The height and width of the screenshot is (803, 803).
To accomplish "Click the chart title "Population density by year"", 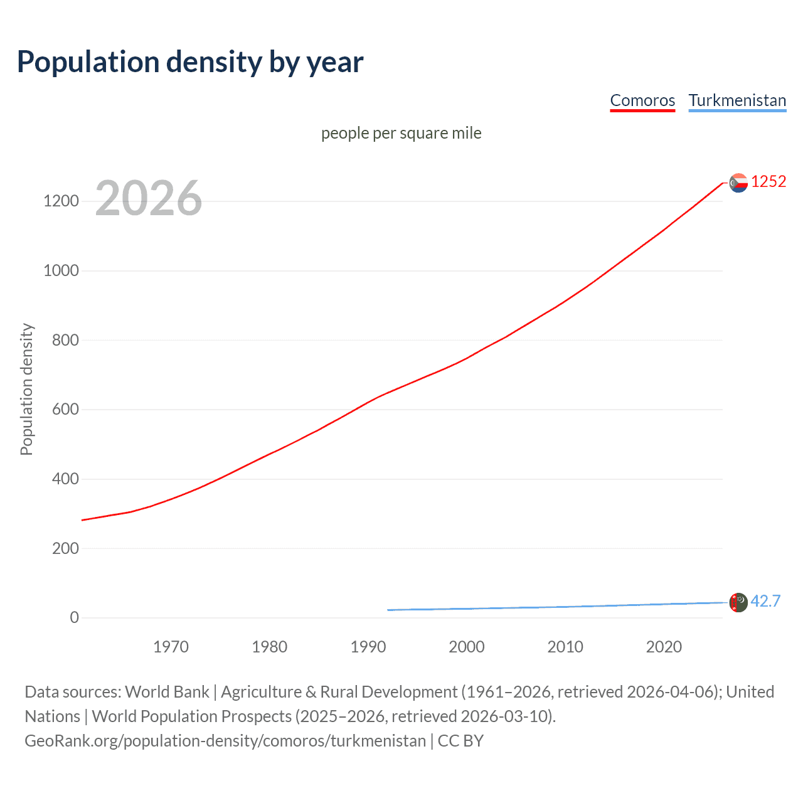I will [x=190, y=61].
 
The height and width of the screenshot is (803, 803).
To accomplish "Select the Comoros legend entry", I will [x=642, y=100].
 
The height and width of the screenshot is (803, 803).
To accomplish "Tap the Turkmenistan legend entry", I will [x=737, y=100].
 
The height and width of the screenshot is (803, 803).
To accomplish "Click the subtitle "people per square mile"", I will [x=401, y=133].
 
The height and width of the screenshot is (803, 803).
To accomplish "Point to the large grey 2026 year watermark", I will [x=149, y=198].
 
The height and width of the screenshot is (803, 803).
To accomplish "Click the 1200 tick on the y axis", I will [x=61, y=201].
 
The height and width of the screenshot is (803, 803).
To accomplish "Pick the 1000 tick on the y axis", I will [x=61, y=271].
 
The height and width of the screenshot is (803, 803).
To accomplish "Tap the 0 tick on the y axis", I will [x=75, y=618].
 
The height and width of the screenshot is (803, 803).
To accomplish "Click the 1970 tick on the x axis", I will [x=171, y=647].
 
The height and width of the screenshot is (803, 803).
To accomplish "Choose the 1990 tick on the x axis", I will [x=368, y=647].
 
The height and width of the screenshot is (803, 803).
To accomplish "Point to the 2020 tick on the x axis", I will [x=664, y=647].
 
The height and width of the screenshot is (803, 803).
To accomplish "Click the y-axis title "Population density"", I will [x=26, y=389].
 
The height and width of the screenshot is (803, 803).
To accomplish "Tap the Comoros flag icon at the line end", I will [x=738, y=183].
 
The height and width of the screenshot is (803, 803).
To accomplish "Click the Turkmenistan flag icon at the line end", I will [x=738, y=602].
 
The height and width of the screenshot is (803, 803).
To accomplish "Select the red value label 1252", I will [x=768, y=182].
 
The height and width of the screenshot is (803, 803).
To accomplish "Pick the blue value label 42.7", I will [x=765, y=601].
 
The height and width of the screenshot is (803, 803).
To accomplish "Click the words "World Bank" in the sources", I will [x=167, y=692].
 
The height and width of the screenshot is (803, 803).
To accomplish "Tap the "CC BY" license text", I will [x=460, y=741].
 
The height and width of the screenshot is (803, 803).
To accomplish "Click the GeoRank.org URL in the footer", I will [x=225, y=741].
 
